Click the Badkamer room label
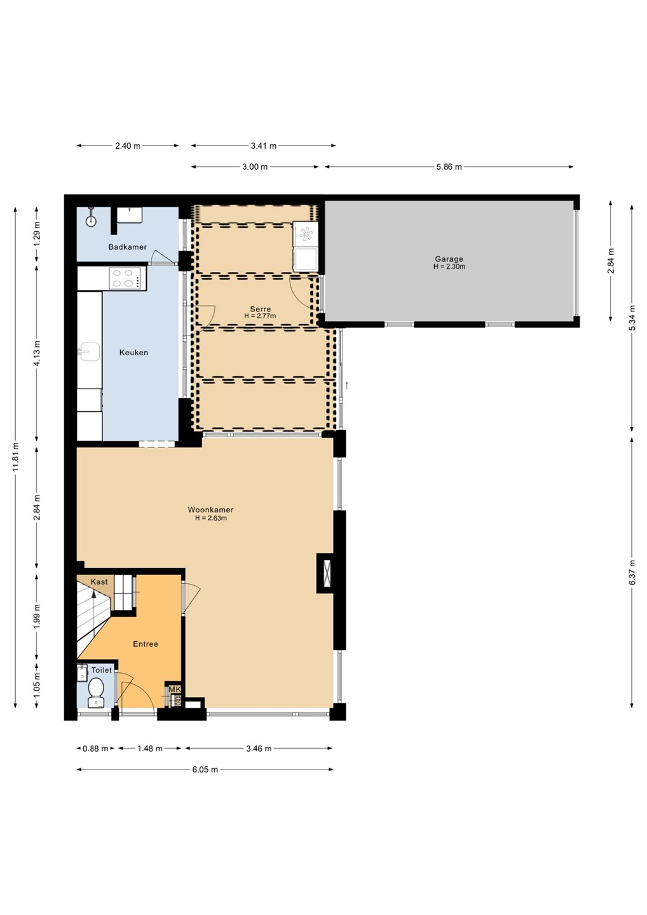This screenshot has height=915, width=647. click(x=128, y=247)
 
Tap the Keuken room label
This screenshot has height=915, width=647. click(x=133, y=352)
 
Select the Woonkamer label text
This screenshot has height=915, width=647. click(x=210, y=510)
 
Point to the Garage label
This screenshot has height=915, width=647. click(x=449, y=259)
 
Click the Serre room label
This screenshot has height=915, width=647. click(x=260, y=309)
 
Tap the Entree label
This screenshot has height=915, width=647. click(x=146, y=644)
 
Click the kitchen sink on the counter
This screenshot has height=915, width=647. click(x=89, y=352)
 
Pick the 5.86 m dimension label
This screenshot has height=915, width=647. click(x=449, y=166)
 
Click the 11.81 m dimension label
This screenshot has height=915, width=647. click(x=15, y=457)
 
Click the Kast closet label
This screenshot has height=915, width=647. click(x=99, y=581)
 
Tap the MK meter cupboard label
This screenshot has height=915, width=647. click(x=175, y=689)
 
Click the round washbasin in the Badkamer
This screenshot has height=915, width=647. click(x=91, y=220)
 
